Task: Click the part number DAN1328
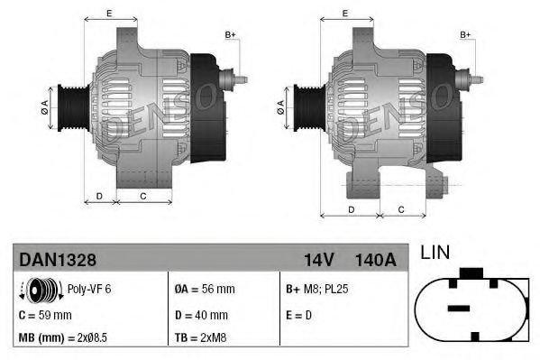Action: point(58,260)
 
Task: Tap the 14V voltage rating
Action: point(318,260)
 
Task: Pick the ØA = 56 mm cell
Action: point(204,290)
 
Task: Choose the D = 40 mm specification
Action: point(200,315)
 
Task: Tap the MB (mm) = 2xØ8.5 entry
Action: point(63,337)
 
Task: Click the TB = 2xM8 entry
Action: point(200,337)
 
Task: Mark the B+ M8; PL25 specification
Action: point(316,290)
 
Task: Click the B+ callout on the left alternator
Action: point(230,35)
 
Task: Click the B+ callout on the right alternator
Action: point(466,35)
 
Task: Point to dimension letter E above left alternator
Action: point(109,13)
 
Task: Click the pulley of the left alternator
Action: point(68,106)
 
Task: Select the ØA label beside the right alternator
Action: point(281,106)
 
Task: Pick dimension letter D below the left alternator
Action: point(99,196)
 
